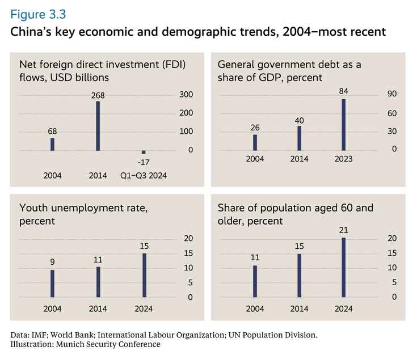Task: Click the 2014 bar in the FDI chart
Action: click(x=98, y=126)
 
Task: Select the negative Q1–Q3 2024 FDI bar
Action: click(x=144, y=152)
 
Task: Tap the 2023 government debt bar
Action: click(x=344, y=125)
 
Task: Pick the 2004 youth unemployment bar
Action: click(x=52, y=283)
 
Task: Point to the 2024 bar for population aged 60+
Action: click(x=344, y=267)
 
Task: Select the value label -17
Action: click(x=144, y=162)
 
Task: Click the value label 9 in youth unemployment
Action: click(x=52, y=262)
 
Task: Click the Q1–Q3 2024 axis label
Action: click(x=144, y=175)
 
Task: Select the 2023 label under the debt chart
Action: click(x=344, y=159)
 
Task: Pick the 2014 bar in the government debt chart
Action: click(x=300, y=138)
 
